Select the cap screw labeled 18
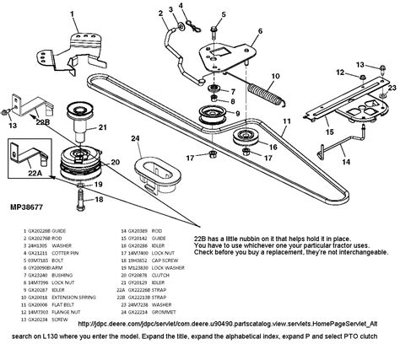(x=78, y=203)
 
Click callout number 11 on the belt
(x=286, y=122)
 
